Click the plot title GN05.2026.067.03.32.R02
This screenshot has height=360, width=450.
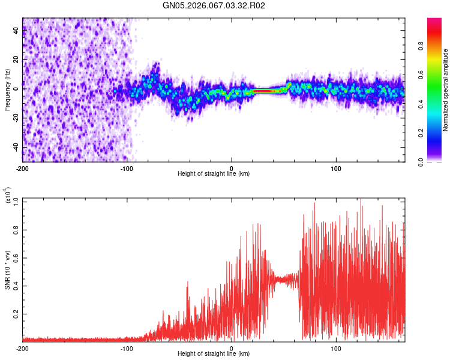(214, 6)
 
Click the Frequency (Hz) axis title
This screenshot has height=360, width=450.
(7, 90)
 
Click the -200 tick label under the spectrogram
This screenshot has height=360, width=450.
(22, 168)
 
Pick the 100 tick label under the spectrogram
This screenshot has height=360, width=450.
(336, 168)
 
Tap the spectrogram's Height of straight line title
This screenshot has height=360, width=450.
(214, 174)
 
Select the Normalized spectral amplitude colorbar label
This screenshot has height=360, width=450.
(446, 90)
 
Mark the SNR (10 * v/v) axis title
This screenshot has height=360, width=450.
(7, 270)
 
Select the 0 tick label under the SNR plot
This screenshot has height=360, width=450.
(232, 348)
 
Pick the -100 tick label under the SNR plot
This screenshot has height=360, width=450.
(127, 348)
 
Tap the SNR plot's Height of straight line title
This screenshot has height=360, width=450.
(214, 354)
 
